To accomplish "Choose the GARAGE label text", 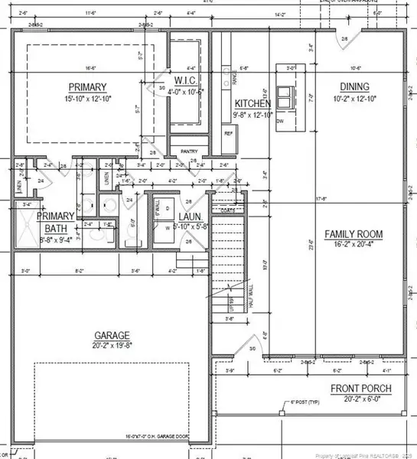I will (x=112, y=335).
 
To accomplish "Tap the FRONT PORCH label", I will (x=361, y=389).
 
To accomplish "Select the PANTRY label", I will (x=189, y=151).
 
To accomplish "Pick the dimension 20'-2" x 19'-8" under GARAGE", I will (x=112, y=346).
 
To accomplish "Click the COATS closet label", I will (x=227, y=209).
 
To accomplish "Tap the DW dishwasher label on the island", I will (x=280, y=121).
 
